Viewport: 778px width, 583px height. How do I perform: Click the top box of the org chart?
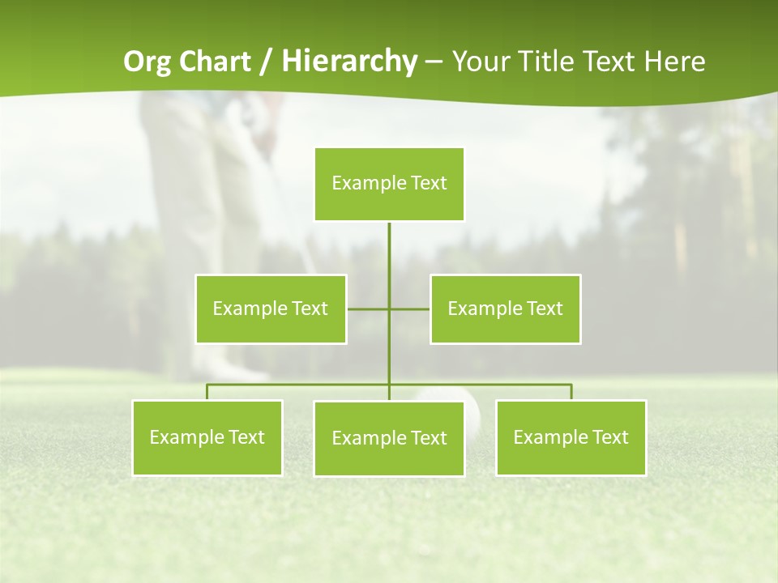pos(389,184)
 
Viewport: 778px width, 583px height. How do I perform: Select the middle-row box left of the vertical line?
pos(271,309)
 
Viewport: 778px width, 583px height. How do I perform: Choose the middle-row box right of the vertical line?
pos(505,309)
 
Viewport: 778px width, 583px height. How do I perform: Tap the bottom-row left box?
pos(207,437)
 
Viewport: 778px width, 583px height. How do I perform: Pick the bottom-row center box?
pos(389,438)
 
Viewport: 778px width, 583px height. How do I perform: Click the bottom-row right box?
pos(571,437)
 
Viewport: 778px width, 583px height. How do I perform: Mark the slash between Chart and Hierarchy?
pos(266,62)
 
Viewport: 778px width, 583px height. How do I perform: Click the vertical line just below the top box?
pos(389,243)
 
